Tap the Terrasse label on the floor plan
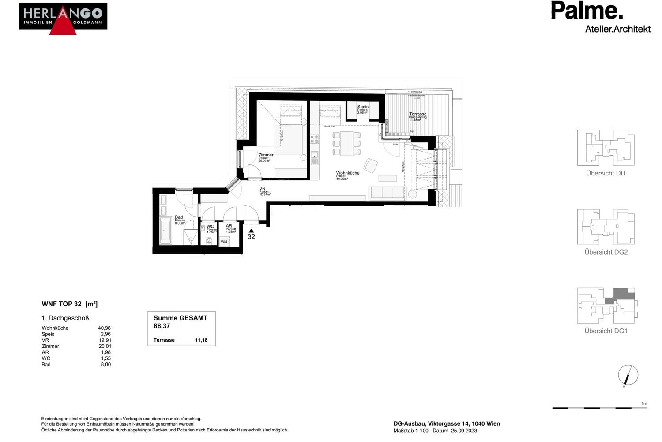tap(418, 114)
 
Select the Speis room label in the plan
tap(363, 107)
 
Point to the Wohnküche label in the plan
tap(348, 173)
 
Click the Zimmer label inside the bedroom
tap(266, 155)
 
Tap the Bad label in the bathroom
tap(179, 217)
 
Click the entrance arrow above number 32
tap(251, 231)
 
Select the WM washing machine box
tap(224, 242)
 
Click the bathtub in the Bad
tap(165, 230)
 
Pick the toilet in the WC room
tap(209, 241)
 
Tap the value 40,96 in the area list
tap(104, 328)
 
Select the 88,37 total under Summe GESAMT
tap(162, 326)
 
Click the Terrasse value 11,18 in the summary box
tap(201, 340)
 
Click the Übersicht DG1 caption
tap(606, 331)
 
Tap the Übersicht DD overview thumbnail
tap(606, 148)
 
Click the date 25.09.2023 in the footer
tap(464, 431)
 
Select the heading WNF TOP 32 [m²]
tap(69, 304)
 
